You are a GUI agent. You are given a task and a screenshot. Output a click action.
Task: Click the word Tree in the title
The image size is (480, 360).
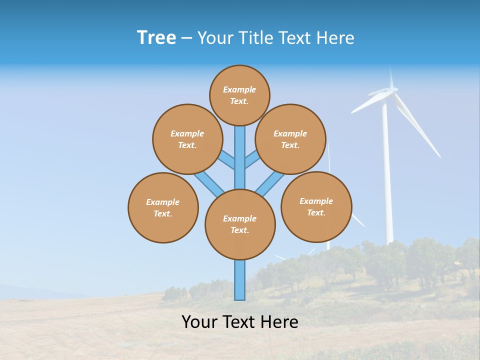[156, 38]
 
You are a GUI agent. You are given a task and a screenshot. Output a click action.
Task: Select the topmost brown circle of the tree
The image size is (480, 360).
[239, 95]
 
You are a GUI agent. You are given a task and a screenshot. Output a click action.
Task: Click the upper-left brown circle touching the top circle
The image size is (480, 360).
[187, 139]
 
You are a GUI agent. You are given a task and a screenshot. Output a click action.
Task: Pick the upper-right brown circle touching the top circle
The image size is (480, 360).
[290, 139]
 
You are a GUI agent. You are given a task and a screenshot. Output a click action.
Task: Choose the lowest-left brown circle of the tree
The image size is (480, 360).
[163, 207]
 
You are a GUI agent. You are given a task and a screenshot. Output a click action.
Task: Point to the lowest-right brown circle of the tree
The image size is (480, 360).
[316, 206]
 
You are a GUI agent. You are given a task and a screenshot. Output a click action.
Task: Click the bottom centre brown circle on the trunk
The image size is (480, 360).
[240, 224]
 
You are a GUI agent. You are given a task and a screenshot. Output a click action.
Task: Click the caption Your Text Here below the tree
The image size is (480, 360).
[240, 322]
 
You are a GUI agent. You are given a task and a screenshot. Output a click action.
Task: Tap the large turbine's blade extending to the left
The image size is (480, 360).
[367, 102]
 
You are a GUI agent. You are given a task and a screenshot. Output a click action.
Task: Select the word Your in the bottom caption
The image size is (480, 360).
[199, 322]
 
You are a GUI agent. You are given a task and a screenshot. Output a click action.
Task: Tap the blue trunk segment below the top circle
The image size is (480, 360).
[240, 150]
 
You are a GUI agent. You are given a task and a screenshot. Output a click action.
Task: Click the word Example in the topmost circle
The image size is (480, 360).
[239, 89]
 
